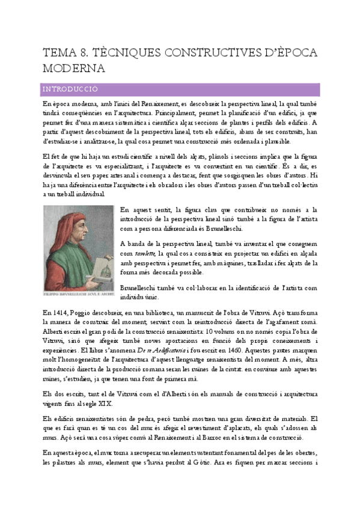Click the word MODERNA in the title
pos(73,68)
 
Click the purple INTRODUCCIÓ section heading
pos(70,90)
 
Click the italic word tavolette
pos(147,254)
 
